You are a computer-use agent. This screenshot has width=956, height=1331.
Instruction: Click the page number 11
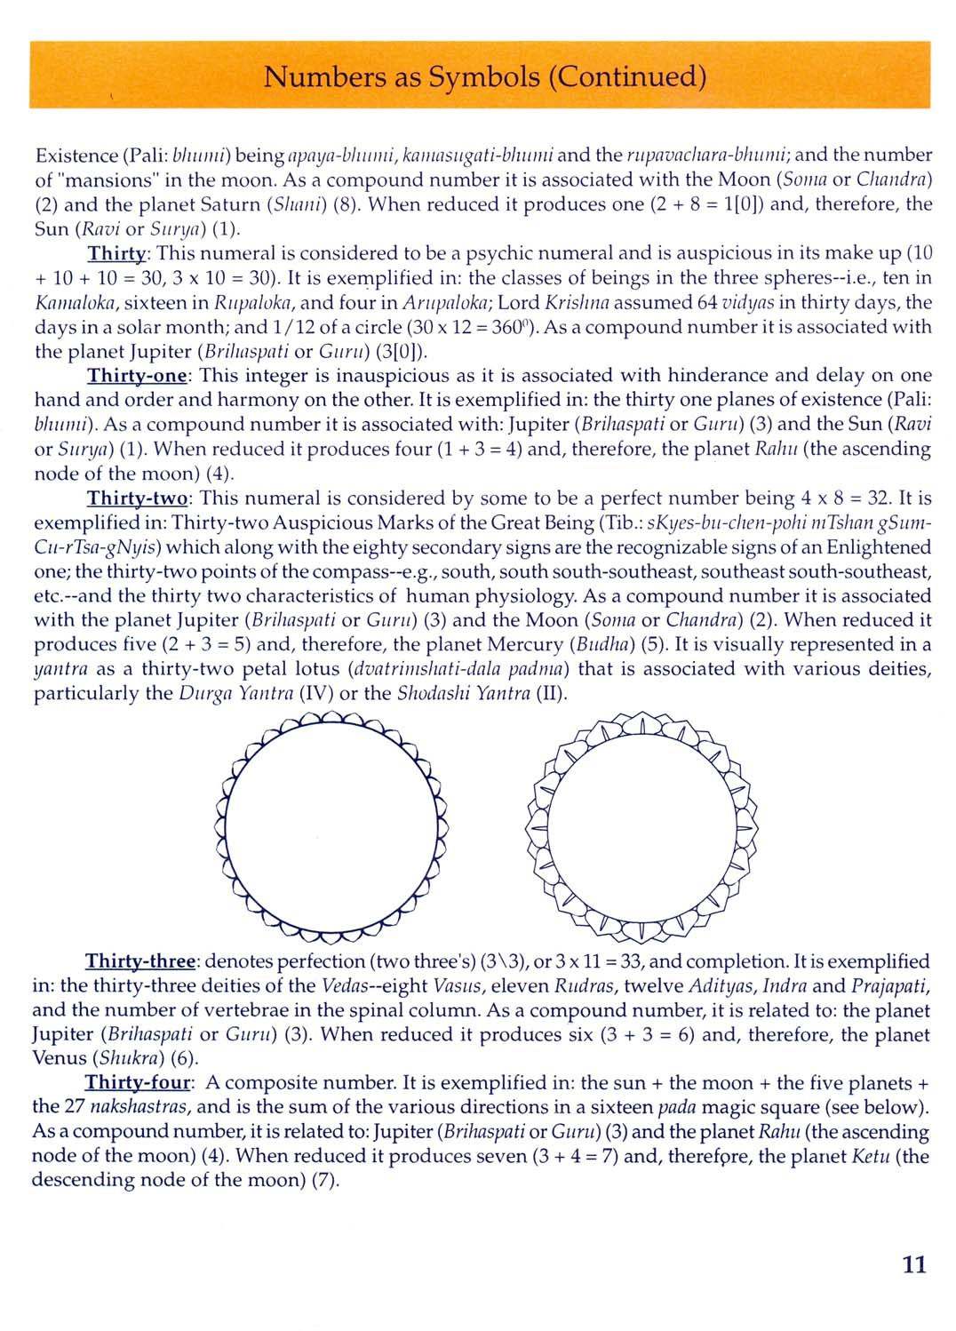(914, 1264)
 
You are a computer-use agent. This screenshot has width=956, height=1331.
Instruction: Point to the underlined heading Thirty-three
(140, 961)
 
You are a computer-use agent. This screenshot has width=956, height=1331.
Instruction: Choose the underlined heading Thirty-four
(138, 1083)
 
